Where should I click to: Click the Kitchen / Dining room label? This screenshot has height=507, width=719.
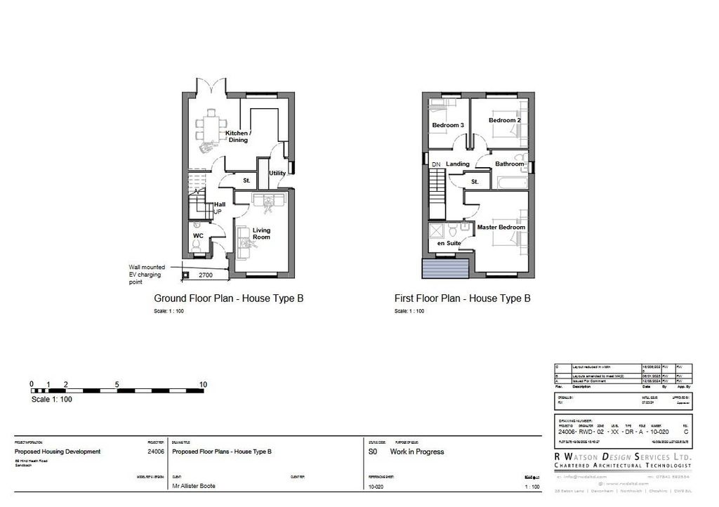(238, 136)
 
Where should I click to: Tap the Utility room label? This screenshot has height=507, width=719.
(277, 173)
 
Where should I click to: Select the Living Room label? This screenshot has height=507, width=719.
(262, 234)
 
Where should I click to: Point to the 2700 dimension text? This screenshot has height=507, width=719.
(206, 275)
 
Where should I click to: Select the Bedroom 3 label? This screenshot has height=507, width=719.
(448, 125)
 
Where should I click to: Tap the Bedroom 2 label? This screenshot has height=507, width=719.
(505, 120)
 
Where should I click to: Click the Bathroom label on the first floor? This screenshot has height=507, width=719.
(509, 164)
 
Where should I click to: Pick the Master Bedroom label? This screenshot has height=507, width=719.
(501, 228)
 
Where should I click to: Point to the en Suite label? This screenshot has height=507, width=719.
(449, 243)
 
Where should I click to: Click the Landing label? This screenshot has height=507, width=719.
(458, 164)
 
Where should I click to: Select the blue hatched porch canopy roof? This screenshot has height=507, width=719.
(445, 268)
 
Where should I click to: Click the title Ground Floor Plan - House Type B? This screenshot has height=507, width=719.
(229, 298)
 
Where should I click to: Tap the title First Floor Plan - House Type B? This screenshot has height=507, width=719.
(463, 298)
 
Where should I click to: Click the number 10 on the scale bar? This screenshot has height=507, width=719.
(204, 384)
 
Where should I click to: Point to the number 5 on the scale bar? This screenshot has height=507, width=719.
(117, 384)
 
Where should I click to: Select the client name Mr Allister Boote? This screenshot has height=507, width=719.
(194, 486)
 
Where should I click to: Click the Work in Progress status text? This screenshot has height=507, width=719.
(417, 452)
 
